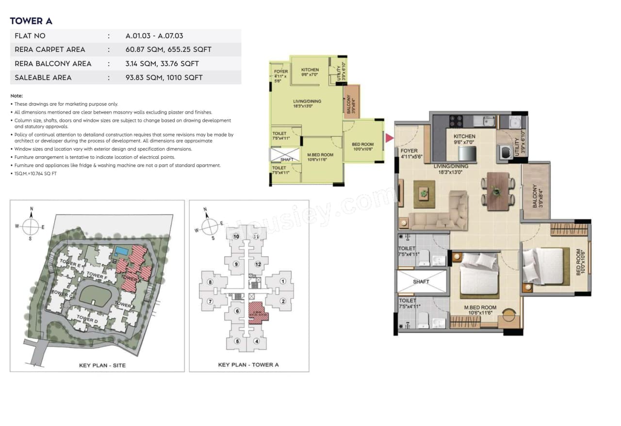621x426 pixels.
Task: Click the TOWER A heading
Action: tap(31, 21)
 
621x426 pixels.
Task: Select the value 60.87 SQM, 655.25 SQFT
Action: tap(168, 49)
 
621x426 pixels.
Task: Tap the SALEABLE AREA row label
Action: tap(43, 78)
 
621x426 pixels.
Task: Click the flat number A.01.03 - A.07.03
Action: tap(154, 36)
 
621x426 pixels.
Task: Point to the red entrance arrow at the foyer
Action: tap(389, 138)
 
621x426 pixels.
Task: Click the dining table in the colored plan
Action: tap(498, 191)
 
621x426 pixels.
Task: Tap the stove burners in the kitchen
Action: tap(457, 121)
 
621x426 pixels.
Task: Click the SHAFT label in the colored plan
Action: tap(421, 281)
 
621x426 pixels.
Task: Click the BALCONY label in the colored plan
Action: tap(535, 197)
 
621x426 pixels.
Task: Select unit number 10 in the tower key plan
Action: tap(236, 237)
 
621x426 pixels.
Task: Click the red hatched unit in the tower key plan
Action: tap(257, 312)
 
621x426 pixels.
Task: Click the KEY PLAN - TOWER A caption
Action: tap(248, 365)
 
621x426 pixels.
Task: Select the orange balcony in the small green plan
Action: tap(351, 101)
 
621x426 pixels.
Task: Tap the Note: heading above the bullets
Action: tap(16, 96)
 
